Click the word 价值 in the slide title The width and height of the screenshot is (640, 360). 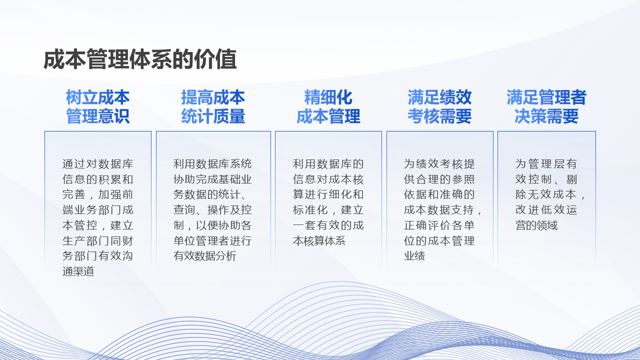[x=215, y=59]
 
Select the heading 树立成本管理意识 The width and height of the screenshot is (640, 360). [x=97, y=106]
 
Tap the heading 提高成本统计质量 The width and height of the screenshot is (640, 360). [x=213, y=106]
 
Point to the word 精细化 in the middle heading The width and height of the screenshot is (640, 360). [x=328, y=97]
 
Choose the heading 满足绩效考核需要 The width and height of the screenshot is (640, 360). [x=439, y=106]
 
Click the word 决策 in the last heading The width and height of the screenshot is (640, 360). [x=530, y=116]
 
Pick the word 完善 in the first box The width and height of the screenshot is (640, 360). [x=74, y=194]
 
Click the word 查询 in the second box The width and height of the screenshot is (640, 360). [x=184, y=210]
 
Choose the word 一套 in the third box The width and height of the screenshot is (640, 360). [x=304, y=225]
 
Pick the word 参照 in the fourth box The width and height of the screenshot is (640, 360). [x=463, y=179]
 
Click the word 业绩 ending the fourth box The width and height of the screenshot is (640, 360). [x=414, y=255]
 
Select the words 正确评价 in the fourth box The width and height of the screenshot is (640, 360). [x=427, y=225]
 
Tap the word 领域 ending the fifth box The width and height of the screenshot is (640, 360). [x=547, y=225]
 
